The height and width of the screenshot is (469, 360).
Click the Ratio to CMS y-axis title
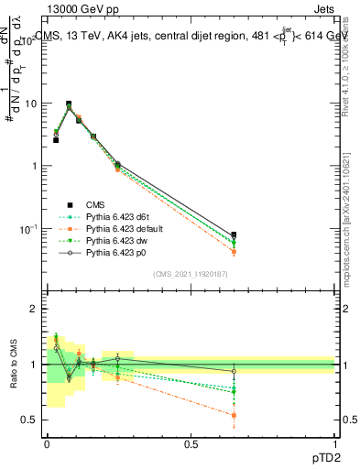point(15,364)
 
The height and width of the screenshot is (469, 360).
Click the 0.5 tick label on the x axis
point(191,443)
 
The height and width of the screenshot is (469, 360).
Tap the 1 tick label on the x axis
point(335,443)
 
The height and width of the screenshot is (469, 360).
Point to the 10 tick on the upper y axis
point(32,104)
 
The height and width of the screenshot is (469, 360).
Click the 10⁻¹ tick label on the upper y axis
point(27,228)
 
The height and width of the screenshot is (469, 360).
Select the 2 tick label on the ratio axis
point(34,310)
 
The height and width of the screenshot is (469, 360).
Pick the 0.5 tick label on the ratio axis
point(29,420)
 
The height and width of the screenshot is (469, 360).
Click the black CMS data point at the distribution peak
point(69,104)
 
